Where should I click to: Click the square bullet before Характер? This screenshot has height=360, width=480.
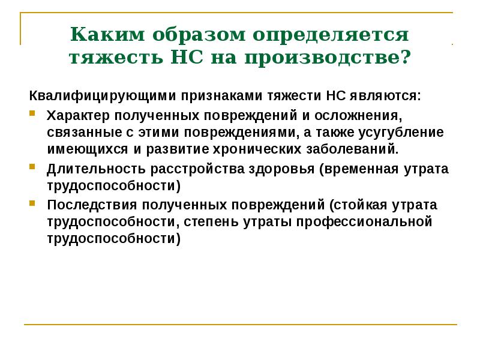point(32,113)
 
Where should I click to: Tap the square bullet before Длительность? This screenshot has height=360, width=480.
point(32,167)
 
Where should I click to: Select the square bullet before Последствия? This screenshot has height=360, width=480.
point(32,203)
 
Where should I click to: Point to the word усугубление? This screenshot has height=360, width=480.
point(402,131)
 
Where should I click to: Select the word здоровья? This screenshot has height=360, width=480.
point(283,168)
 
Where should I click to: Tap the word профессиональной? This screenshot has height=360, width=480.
point(365,221)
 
